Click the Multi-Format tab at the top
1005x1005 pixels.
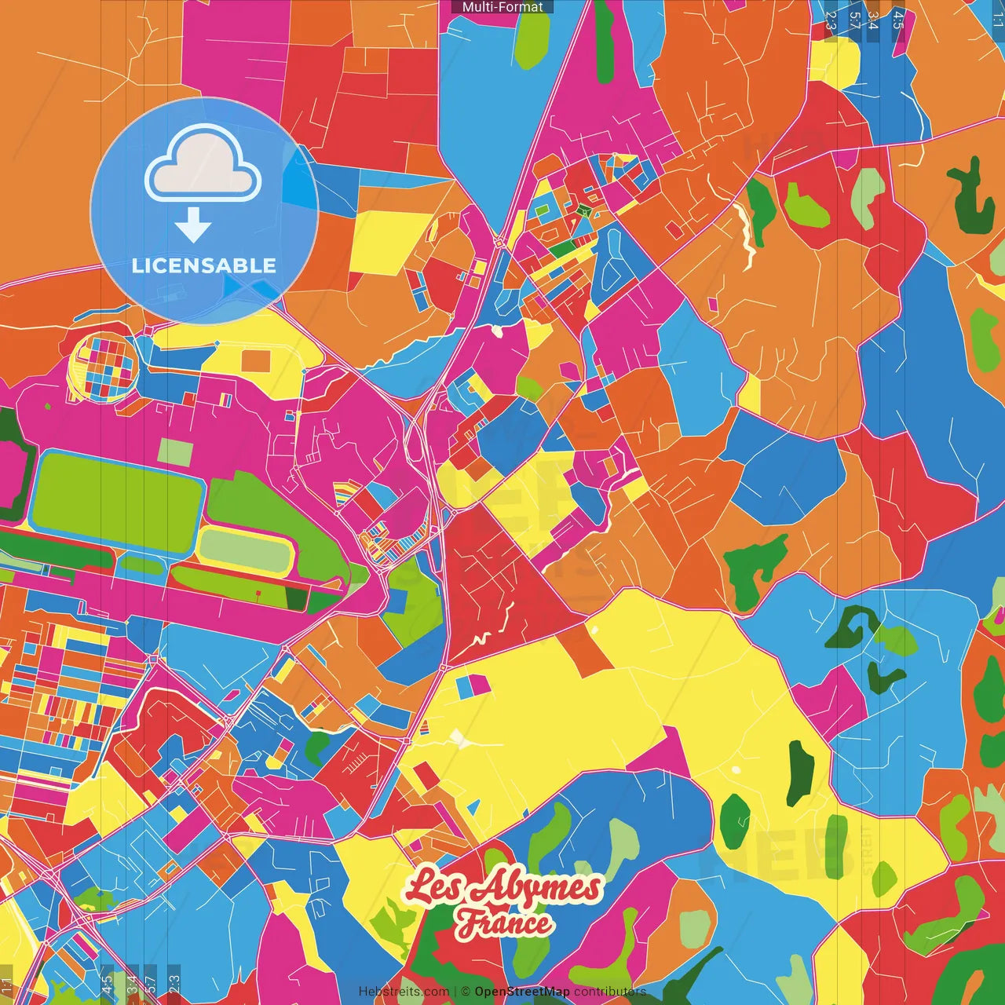[x=502, y=7]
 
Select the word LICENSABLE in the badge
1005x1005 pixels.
[x=204, y=265]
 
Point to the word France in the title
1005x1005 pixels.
[x=505, y=923]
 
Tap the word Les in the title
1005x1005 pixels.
[x=437, y=886]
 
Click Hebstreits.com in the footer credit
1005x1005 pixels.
[x=404, y=992]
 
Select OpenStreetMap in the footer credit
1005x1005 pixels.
[x=522, y=992]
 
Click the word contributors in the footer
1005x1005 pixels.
[x=609, y=992]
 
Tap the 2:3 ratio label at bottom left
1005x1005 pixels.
[x=174, y=984]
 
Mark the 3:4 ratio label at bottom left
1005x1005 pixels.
[x=132, y=984]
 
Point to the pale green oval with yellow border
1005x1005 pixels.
[x=244, y=550]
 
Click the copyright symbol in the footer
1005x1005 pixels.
[x=466, y=992]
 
